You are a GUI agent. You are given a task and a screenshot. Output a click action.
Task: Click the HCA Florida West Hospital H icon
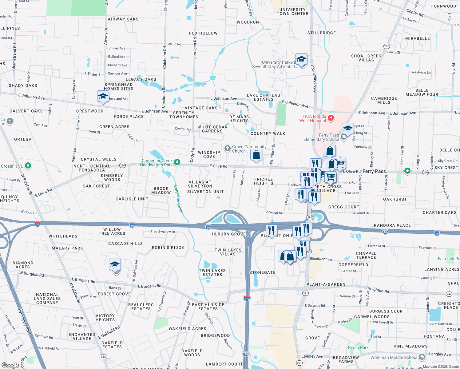tap(331, 118)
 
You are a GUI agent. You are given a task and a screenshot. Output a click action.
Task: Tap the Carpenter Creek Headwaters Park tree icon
tap(177, 162)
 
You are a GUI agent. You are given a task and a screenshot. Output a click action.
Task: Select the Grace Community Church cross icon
tap(227, 149)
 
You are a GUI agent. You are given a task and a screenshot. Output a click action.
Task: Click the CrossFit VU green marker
tap(28, 166)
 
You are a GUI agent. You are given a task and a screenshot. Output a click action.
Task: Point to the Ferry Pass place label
tap(374, 171)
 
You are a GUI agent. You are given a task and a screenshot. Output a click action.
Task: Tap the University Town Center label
tap(292, 12)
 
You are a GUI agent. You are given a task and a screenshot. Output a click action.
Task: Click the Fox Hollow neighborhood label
tap(203, 33)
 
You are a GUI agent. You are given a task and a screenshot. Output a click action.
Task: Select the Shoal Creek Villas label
tap(366, 58)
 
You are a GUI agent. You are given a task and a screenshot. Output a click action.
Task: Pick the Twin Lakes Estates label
tap(212, 272)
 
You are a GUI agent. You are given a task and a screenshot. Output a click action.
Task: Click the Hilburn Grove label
tap(228, 234)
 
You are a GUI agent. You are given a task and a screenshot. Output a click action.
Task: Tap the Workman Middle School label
tap(394, 357)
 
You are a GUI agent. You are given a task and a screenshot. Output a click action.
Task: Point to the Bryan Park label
tap(358, 347)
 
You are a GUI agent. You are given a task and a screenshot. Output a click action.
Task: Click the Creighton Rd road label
tap(378, 290)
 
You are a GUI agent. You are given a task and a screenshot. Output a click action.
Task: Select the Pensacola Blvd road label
tap(24, 321)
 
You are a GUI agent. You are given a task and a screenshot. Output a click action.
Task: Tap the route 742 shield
tap(449, 294)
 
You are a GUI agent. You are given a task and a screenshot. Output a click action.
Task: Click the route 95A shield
tap(103, 357)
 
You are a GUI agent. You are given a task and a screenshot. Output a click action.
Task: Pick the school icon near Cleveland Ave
tap(103, 97)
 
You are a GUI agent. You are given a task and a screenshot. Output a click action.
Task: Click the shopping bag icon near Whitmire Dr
tap(256, 155)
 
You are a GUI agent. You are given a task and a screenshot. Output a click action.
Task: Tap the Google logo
tap(10, 365)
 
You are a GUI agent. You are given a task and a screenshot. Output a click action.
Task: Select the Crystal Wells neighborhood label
tap(99, 159)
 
